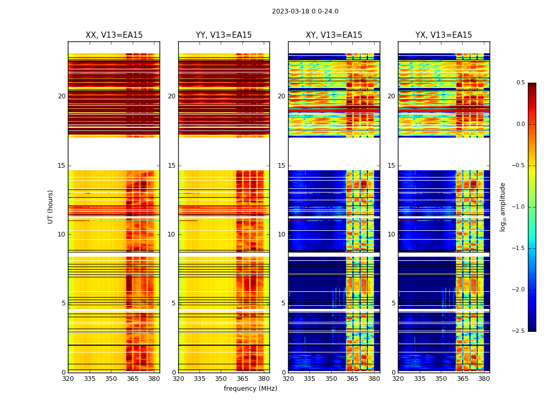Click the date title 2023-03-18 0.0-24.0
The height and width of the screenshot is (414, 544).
click(x=305, y=11)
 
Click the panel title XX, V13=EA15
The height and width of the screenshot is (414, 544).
click(x=114, y=35)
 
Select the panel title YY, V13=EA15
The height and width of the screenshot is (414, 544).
click(x=224, y=35)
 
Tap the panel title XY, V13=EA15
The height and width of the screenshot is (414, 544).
click(x=334, y=35)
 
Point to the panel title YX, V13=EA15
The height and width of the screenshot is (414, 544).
click(x=443, y=35)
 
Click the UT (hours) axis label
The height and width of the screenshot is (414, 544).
click(x=51, y=206)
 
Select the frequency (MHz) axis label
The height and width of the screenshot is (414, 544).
click(x=250, y=389)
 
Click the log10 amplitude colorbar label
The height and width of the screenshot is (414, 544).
click(x=503, y=206)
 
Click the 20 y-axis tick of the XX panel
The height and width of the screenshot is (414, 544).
click(x=62, y=96)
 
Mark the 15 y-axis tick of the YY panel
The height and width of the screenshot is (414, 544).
click(x=171, y=166)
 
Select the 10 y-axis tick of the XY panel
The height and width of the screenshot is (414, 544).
click(x=281, y=234)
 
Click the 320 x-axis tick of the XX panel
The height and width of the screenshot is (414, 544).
click(x=68, y=379)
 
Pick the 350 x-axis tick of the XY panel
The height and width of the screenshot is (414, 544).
click(x=331, y=379)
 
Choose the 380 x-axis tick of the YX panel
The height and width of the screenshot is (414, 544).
click(x=484, y=379)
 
